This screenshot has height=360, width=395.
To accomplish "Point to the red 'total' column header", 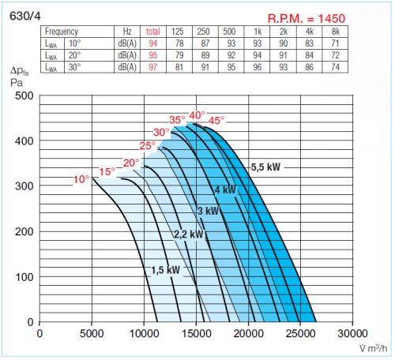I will tap(152, 31).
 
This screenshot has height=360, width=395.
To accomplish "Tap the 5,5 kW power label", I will tap(265, 167).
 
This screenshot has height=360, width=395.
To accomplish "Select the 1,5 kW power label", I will tap(165, 270).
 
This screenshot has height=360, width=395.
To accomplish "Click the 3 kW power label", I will tap(208, 211).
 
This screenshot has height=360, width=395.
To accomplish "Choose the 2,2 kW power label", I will tap(189, 234).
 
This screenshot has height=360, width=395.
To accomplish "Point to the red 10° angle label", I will tap(81, 180).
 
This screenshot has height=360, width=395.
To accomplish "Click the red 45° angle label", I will tap(216, 120).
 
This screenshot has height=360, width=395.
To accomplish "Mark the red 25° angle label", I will tap(148, 146).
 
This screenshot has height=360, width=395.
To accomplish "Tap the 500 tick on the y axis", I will tap(24, 96).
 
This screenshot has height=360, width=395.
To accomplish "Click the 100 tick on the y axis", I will tap(24, 277).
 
